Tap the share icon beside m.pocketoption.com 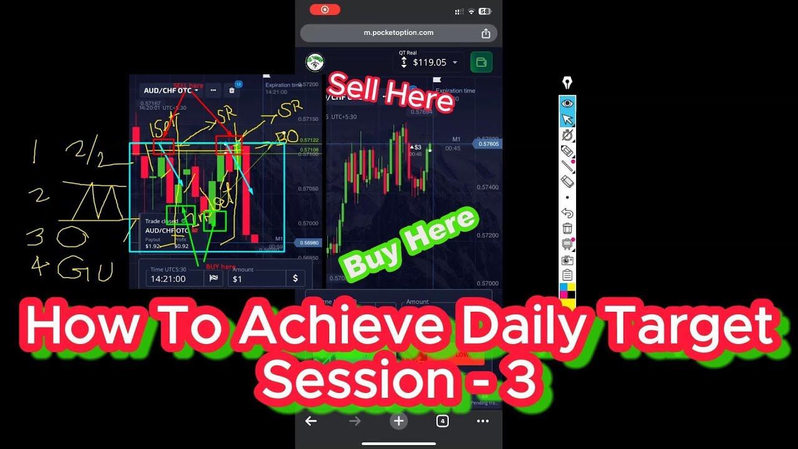tap(486, 33)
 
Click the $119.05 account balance tap(430, 62)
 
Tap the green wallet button tap(481, 62)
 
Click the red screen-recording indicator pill tap(325, 9)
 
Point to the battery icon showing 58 tap(484, 11)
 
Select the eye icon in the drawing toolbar tap(567, 104)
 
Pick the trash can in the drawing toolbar tap(567, 229)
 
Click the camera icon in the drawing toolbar tap(567, 260)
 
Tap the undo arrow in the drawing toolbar tap(567, 213)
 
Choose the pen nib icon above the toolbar tap(567, 83)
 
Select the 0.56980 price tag tap(309, 243)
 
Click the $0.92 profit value tap(181, 246)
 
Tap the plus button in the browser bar tap(399, 421)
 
